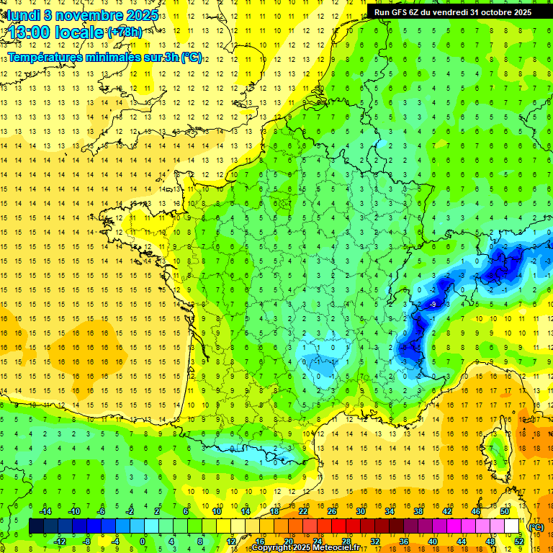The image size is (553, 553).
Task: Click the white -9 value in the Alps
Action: tap(432, 305)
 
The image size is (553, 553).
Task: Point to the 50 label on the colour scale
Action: tap(504, 511)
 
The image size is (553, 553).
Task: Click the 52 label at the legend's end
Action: tap(519, 541)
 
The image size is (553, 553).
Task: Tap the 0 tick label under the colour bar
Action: tap(143, 541)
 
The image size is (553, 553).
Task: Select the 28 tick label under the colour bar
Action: tap(346, 541)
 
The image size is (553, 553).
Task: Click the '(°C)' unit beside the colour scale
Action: tap(536, 526)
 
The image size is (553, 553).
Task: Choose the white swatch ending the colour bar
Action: tap(511, 526)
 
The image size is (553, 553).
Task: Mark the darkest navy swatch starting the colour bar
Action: tap(36, 526)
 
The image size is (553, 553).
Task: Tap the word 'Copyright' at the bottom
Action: tap(272, 549)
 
